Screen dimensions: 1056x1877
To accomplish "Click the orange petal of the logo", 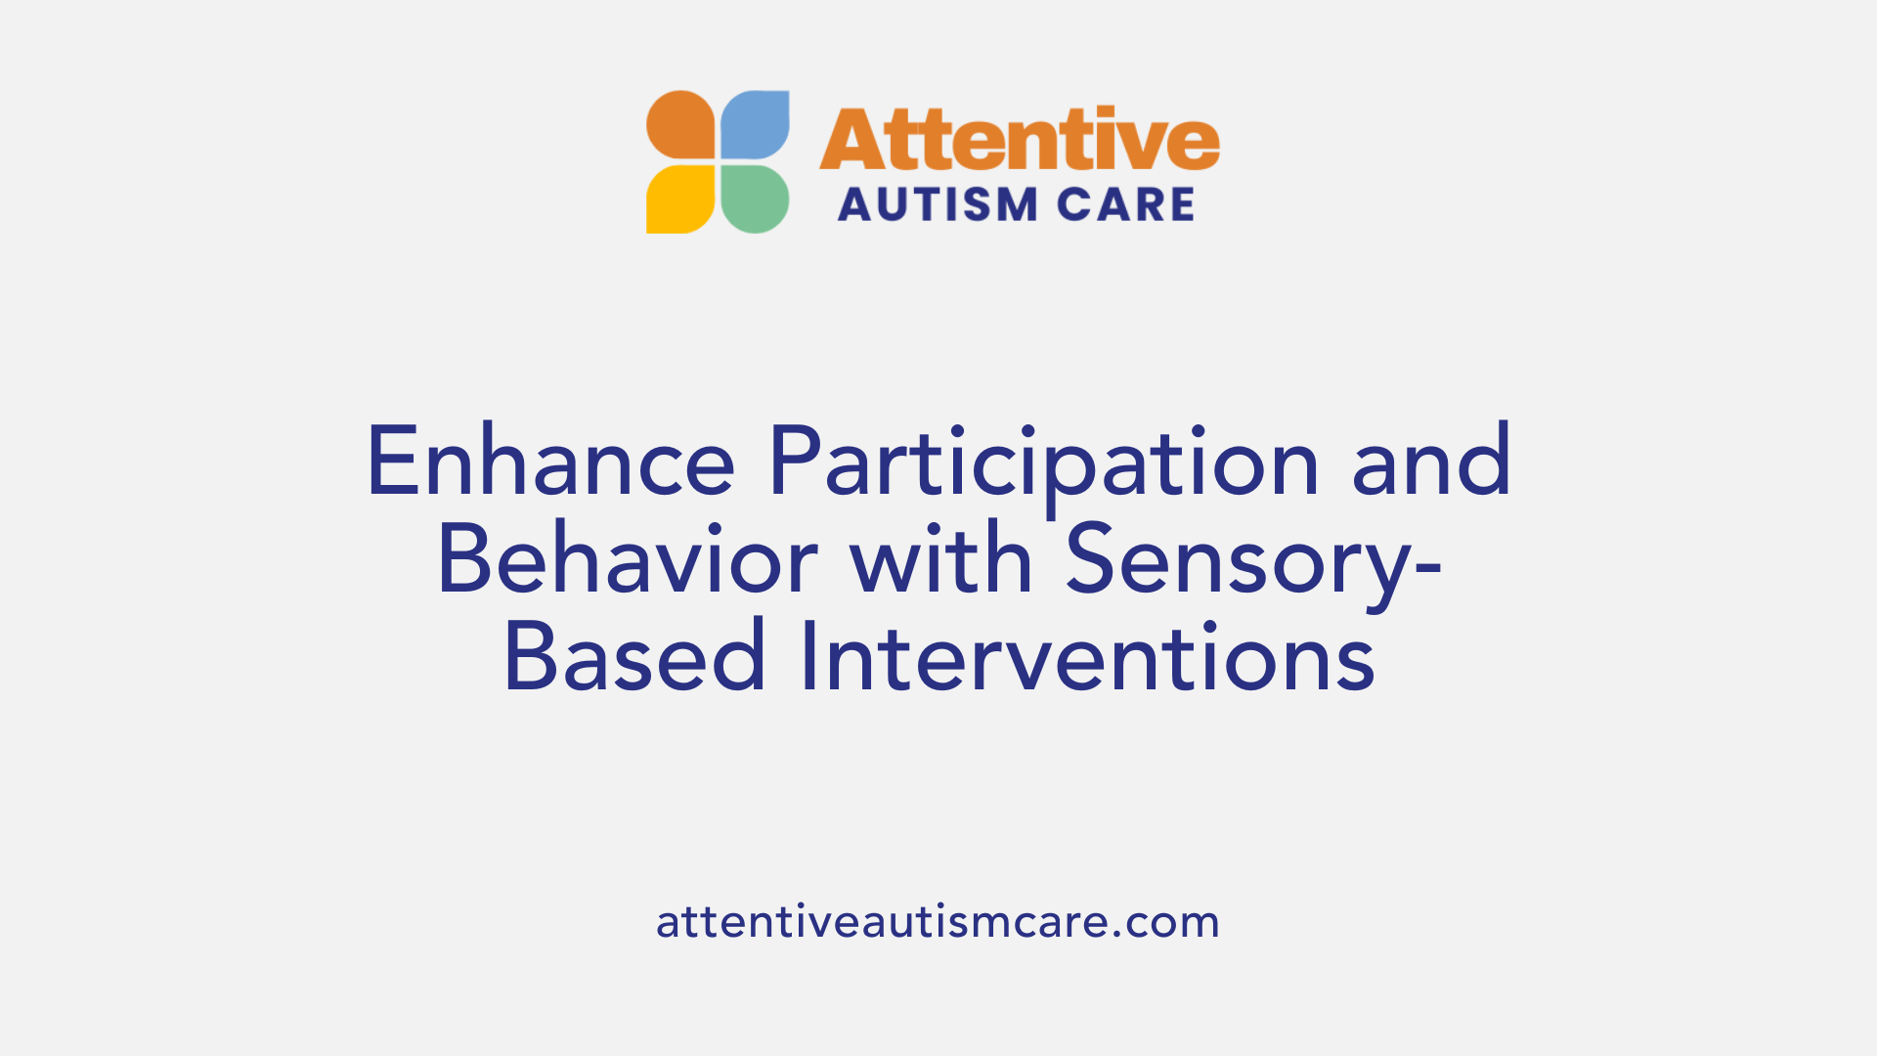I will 681,125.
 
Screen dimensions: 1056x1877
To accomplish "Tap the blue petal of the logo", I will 755,125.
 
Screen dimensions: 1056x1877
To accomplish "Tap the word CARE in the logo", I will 1126,205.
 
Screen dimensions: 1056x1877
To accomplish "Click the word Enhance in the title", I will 550,462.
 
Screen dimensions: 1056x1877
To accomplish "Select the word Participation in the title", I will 1043,462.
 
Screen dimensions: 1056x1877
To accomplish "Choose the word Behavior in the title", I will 627,561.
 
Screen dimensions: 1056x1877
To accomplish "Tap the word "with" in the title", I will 941,561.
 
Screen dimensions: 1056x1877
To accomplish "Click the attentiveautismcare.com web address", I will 938,922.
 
